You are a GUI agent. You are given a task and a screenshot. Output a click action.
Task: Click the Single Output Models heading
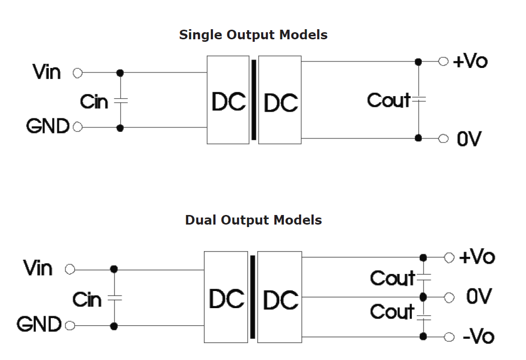253,35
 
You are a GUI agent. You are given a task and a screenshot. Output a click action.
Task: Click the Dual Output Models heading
253,221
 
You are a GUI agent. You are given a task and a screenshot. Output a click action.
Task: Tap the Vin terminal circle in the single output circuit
78,73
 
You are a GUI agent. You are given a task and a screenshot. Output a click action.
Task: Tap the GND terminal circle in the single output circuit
78,127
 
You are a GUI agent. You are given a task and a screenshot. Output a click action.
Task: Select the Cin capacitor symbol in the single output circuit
120,101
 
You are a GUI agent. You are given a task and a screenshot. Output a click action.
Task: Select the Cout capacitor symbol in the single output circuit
418,100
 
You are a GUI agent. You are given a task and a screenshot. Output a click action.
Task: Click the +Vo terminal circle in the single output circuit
443,61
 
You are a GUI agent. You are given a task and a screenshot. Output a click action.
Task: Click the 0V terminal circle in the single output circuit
443,138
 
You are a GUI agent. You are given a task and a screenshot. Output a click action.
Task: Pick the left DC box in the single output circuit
228,100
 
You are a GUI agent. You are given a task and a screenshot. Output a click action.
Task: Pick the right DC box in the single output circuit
280,100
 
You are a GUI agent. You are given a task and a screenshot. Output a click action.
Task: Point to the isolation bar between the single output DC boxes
254,100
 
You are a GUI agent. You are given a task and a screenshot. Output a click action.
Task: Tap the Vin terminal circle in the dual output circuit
70,270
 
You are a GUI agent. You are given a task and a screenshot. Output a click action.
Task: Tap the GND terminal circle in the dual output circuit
70,326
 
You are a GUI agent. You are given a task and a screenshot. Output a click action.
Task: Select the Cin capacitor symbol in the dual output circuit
115,298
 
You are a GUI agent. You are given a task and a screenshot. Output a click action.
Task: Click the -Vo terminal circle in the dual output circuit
449,336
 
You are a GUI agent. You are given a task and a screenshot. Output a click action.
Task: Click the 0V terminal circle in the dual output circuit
449,297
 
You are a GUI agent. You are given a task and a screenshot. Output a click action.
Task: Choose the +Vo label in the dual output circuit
477,257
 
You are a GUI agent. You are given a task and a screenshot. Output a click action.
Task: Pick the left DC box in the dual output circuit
226,297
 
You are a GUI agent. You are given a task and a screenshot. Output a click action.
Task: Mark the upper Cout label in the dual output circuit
393,277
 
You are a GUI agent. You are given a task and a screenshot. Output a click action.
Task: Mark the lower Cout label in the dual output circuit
393,312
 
